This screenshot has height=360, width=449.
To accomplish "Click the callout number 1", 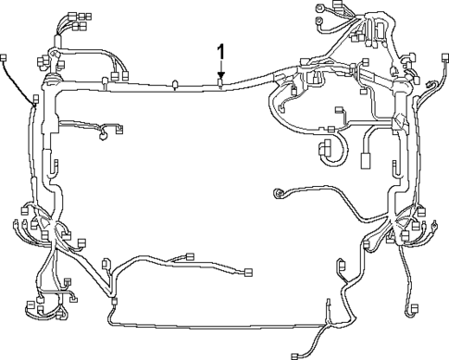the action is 220,51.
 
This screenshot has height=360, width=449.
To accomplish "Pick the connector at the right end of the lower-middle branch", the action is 249,273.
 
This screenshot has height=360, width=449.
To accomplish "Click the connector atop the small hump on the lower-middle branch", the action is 190,257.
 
